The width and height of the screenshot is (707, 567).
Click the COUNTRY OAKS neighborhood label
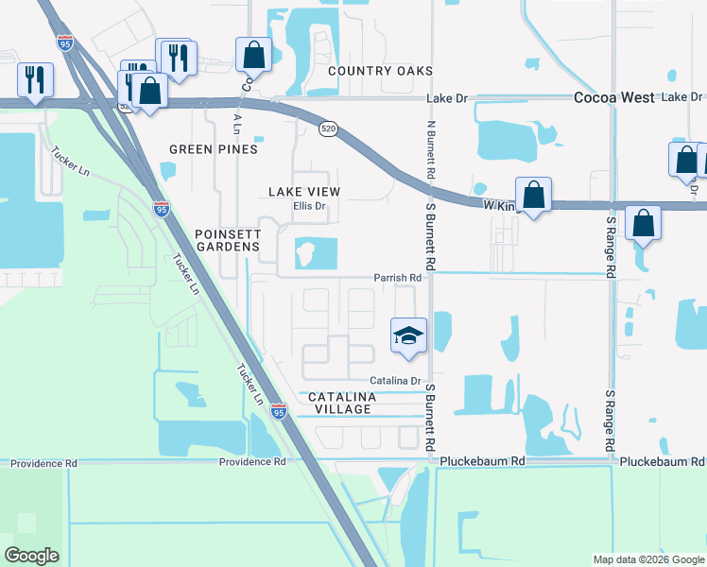[x=380, y=71]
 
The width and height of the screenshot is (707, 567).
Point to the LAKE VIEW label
[x=303, y=192]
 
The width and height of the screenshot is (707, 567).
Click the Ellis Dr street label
[x=309, y=206]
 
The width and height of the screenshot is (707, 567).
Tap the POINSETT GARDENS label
[x=227, y=240]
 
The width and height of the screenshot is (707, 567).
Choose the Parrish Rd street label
[x=396, y=278]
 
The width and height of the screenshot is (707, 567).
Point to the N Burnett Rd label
[x=430, y=149]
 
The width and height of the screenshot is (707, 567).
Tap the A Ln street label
[x=236, y=123]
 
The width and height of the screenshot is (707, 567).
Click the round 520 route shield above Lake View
[x=328, y=129]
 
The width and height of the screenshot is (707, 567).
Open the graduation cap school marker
[x=408, y=335]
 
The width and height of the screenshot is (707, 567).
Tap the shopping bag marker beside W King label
[x=533, y=195]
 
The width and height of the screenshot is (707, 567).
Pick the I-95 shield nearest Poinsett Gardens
[x=162, y=209]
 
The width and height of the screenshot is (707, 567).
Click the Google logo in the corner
[x=31, y=556]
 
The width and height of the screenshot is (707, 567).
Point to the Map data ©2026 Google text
[x=647, y=559]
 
